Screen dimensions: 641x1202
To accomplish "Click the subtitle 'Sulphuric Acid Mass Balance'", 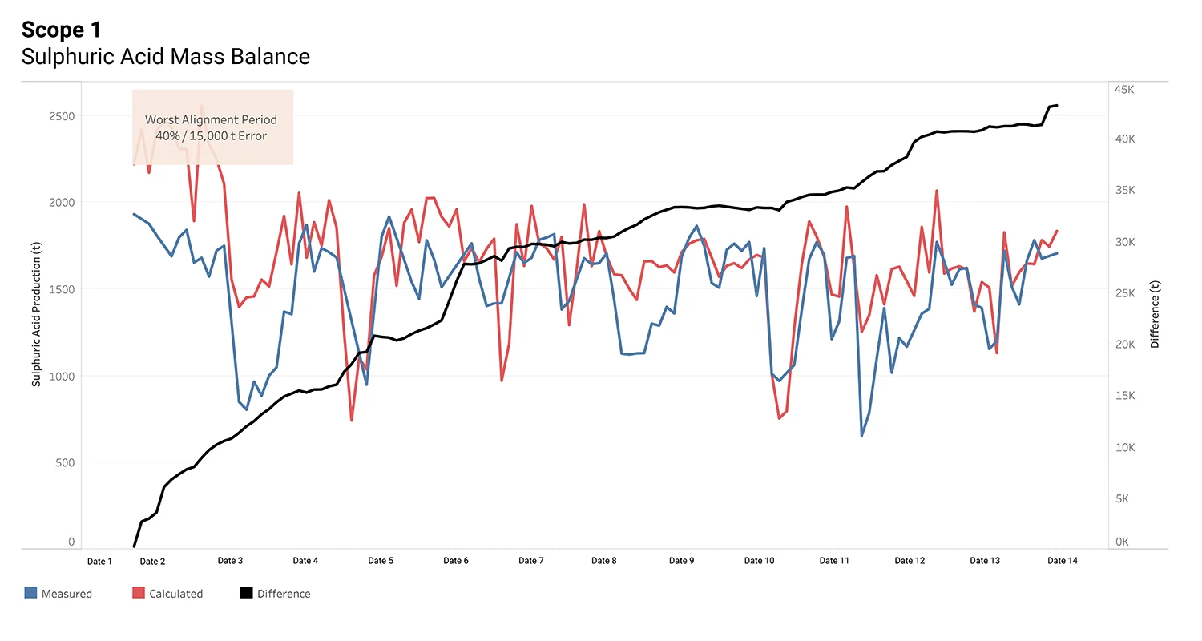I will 165,57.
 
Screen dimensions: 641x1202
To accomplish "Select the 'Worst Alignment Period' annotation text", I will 211,120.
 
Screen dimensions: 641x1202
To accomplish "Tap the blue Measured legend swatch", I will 30,593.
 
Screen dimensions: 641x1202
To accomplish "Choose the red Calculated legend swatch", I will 137,593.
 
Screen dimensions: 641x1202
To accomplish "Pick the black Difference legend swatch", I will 246,593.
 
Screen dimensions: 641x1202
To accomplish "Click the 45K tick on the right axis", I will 1125,90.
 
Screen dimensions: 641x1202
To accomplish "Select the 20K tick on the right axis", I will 1125,345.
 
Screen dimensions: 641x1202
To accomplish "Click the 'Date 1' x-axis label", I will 99,561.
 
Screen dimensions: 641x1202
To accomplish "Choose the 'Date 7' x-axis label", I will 530,561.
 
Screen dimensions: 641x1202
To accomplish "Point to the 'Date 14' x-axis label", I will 1063,561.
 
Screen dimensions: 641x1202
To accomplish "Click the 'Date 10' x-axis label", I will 759,561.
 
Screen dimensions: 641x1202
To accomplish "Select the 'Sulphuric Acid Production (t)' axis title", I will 36,317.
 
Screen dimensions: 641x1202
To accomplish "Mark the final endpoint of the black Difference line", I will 1057,105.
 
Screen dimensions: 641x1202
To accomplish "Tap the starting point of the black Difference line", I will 134,547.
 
